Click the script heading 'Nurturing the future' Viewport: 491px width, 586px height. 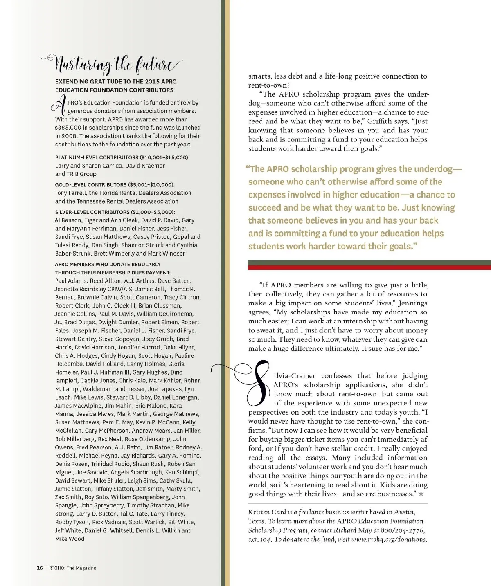point(113,64)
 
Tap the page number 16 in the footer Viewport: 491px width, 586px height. point(40,568)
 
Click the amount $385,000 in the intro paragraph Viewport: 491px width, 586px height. point(68,128)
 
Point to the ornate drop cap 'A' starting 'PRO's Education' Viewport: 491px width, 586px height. point(60,106)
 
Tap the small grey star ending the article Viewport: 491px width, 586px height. point(421,494)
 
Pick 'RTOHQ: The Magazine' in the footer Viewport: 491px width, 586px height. point(73,568)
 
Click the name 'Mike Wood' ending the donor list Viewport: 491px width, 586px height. point(70,539)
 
